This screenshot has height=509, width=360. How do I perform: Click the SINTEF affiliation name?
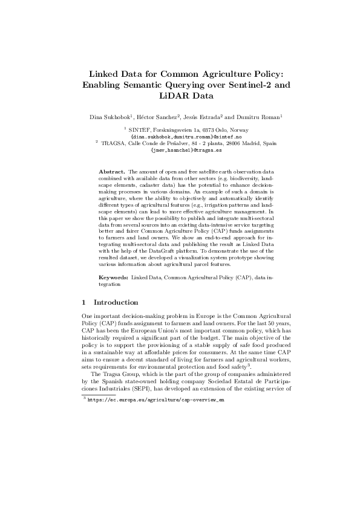(x=140, y=129)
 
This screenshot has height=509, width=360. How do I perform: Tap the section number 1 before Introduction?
(x=83, y=302)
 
